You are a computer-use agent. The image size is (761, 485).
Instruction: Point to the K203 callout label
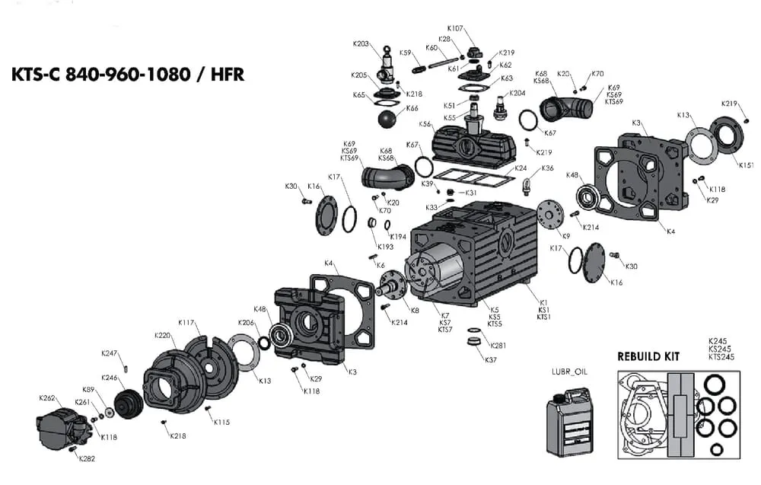(x=361, y=44)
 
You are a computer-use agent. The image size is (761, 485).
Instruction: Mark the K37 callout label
(x=491, y=359)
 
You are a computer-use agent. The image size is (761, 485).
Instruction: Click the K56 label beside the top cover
(x=425, y=124)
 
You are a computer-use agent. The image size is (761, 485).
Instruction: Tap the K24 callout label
(x=521, y=168)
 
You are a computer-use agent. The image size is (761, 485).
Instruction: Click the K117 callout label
(x=186, y=322)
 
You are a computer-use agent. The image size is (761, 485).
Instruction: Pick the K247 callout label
(x=110, y=353)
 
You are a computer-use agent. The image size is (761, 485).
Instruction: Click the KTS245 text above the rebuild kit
(x=721, y=357)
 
